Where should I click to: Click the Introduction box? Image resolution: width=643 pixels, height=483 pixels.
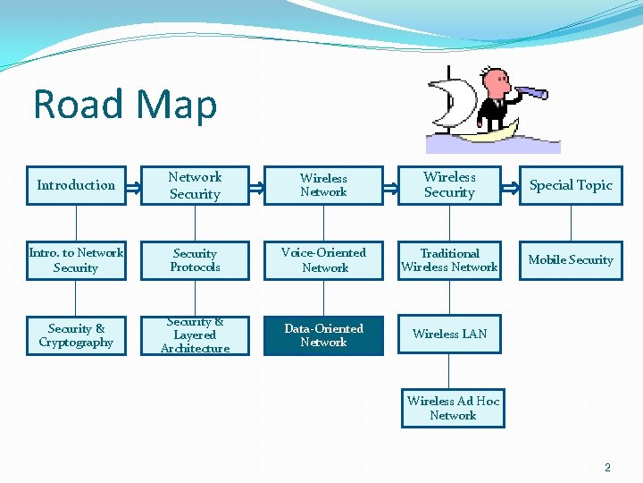pos(76,185)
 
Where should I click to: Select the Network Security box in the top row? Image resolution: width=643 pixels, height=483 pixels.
pos(195,185)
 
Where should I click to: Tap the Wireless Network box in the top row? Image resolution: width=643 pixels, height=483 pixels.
pos(323,185)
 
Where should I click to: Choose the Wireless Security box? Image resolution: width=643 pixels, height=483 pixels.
pos(449,185)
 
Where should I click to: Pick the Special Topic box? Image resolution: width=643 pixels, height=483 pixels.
pos(571,185)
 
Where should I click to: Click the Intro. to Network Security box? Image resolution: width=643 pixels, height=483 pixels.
pos(76,260)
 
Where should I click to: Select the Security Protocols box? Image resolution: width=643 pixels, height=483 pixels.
pos(195,260)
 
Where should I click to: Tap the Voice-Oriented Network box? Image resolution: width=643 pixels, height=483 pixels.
pos(323,260)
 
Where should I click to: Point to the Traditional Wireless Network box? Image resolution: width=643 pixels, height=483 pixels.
pos(449,260)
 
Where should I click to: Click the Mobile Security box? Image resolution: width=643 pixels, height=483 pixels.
pos(571,260)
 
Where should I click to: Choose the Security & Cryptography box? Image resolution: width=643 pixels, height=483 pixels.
pos(76,335)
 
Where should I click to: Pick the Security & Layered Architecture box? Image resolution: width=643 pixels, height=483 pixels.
pos(195,335)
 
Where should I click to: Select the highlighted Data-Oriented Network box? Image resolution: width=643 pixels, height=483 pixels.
pos(323,335)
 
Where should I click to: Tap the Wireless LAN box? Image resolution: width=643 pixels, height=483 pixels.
pos(449,335)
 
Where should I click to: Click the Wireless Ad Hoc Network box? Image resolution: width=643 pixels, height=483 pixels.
pos(453,408)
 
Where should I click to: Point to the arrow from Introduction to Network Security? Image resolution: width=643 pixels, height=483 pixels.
pos(132,185)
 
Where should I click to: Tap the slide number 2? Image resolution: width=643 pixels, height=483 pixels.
pos(607,467)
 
